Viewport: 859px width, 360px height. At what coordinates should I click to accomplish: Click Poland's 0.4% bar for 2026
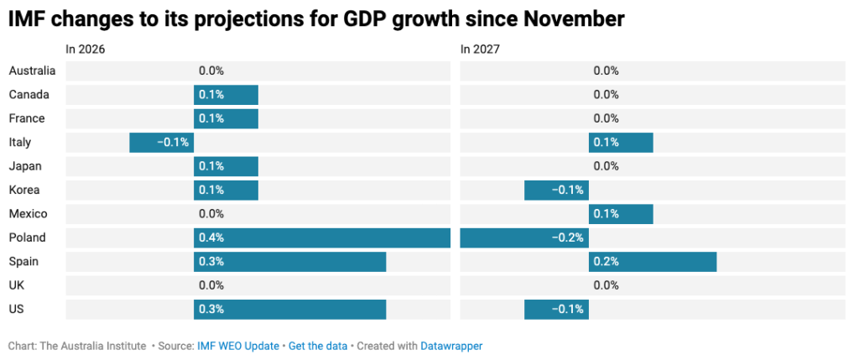pyautogui.click(x=322, y=237)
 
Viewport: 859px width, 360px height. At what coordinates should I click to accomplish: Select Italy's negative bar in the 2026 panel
pyautogui.click(x=162, y=143)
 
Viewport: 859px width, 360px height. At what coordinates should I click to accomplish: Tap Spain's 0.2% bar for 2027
pyautogui.click(x=653, y=261)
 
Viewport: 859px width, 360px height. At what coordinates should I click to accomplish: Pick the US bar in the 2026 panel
pyautogui.click(x=289, y=309)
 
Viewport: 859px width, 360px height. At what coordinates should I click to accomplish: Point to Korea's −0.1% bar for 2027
pyautogui.click(x=557, y=190)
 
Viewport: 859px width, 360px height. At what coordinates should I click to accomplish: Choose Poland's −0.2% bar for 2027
pyautogui.click(x=524, y=237)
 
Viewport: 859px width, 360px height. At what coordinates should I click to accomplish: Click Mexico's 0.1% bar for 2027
pyautogui.click(x=621, y=214)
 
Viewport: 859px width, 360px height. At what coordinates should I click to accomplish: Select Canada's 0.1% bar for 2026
pyautogui.click(x=226, y=95)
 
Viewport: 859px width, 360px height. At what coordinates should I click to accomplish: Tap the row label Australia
pyautogui.click(x=33, y=70)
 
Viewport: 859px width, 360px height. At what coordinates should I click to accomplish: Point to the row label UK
pyautogui.click(x=17, y=285)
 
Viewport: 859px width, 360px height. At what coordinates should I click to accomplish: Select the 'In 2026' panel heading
pyautogui.click(x=86, y=50)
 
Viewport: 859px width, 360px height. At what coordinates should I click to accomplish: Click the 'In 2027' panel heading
pyautogui.click(x=480, y=50)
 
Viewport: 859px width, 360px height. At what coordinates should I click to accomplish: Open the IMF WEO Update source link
pyautogui.click(x=238, y=347)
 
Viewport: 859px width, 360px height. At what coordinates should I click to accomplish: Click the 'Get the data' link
pyautogui.click(x=318, y=347)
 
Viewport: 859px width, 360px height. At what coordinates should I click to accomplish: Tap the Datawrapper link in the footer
pyautogui.click(x=451, y=347)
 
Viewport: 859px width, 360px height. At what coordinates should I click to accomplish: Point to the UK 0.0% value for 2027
pyautogui.click(x=606, y=285)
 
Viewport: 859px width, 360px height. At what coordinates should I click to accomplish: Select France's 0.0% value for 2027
pyautogui.click(x=606, y=118)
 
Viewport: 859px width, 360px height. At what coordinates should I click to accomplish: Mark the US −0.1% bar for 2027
pyautogui.click(x=557, y=309)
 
